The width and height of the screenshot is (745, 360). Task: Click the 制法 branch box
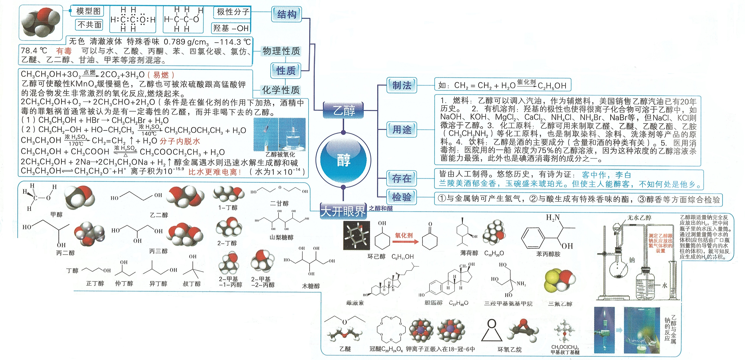(402, 85)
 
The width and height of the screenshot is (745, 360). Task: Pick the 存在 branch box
(402, 178)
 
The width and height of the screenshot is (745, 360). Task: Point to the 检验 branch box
(402, 197)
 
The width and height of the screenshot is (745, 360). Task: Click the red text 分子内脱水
(180, 141)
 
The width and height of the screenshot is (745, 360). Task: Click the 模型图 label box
(88, 11)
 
